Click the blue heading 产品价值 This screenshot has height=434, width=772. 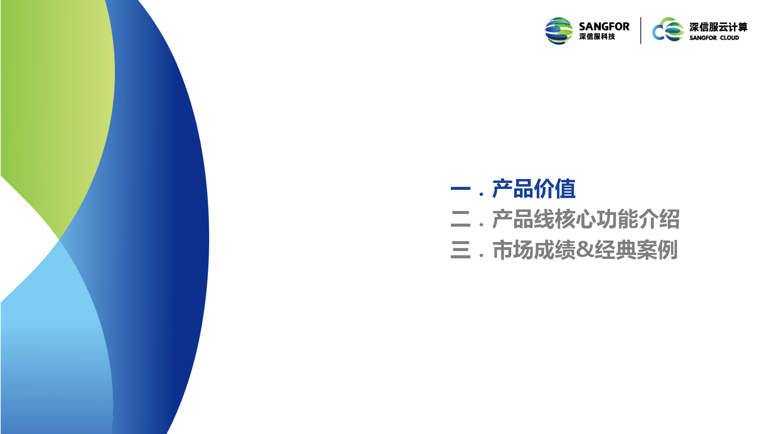[534, 189]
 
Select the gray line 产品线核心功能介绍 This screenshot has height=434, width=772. [586, 219]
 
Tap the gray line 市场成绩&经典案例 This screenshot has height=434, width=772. [585, 250]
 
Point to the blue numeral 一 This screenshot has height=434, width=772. [460, 188]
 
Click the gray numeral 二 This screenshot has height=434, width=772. [460, 219]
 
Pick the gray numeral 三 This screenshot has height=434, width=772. [460, 250]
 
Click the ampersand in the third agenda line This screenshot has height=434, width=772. [585, 250]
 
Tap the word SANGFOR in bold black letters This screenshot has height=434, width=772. [604, 27]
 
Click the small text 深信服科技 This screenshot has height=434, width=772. [597, 36]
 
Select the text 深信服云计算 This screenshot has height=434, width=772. [718, 27]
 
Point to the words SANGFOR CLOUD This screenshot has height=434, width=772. [714, 38]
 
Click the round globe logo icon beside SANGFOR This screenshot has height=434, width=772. [559, 31]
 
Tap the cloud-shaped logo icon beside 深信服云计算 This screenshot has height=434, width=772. [668, 30]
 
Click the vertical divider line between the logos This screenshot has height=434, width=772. [641, 30]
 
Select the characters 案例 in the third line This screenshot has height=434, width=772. [657, 250]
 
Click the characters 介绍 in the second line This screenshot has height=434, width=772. [659, 219]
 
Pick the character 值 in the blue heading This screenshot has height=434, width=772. [565, 189]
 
